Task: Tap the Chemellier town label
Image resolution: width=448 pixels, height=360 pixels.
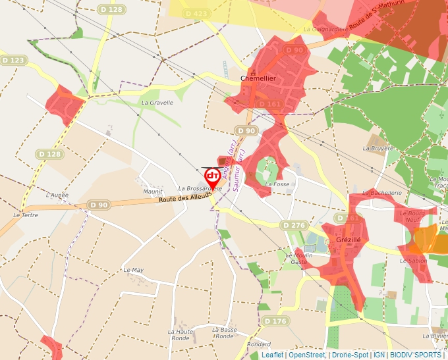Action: pyautogui.click(x=258, y=78)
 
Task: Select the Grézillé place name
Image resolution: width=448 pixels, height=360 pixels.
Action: pyautogui.click(x=349, y=240)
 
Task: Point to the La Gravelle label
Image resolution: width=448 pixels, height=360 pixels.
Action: pyautogui.click(x=157, y=103)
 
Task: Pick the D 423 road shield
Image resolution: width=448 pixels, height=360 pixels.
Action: pyautogui.click(x=196, y=13)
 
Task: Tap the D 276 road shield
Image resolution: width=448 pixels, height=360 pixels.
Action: pyautogui.click(x=294, y=225)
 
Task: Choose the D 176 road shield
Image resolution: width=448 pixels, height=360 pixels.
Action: pyautogui.click(x=275, y=321)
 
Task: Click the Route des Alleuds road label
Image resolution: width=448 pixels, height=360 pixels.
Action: pyautogui.click(x=186, y=197)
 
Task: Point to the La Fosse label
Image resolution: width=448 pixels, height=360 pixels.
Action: pyautogui.click(x=277, y=184)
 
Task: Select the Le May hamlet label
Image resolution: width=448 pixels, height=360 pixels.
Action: pyautogui.click(x=133, y=270)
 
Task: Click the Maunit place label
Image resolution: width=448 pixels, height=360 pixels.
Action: pyautogui.click(x=153, y=192)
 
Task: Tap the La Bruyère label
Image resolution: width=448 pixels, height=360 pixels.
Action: pyautogui.click(x=378, y=149)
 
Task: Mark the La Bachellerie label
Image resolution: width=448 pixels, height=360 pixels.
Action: pyautogui.click(x=378, y=193)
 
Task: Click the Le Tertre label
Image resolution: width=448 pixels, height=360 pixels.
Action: pyautogui.click(x=26, y=215)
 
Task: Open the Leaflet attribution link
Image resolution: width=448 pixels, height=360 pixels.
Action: pyautogui.click(x=273, y=355)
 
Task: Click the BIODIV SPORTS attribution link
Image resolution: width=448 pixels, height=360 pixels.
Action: pyautogui.click(x=416, y=355)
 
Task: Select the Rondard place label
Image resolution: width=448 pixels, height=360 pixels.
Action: pyautogui.click(x=259, y=344)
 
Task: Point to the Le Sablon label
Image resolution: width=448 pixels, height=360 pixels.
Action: pyautogui.click(x=414, y=261)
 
